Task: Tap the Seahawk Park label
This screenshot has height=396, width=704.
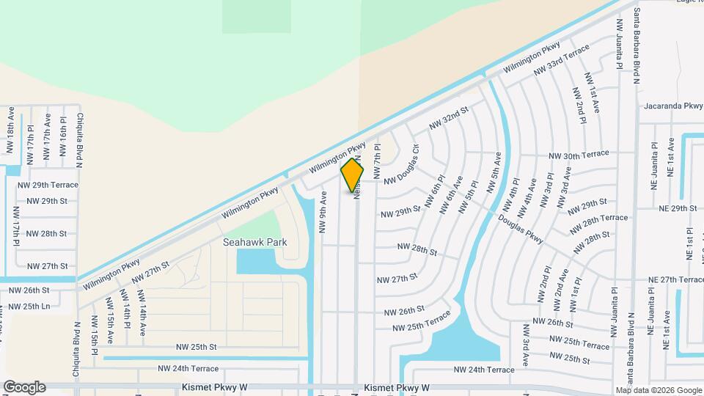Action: tap(255, 241)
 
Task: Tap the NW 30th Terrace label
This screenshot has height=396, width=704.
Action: tap(580, 156)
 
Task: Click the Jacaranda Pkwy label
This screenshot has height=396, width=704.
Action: tap(673, 106)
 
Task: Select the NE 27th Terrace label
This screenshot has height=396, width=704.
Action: tap(676, 280)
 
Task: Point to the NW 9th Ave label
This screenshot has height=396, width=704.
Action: tap(321, 212)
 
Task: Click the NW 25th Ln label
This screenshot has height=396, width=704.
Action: tap(29, 306)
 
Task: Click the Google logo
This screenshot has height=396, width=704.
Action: tap(24, 387)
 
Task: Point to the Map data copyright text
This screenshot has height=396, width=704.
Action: tap(658, 390)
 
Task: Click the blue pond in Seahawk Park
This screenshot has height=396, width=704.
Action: tap(257, 261)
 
